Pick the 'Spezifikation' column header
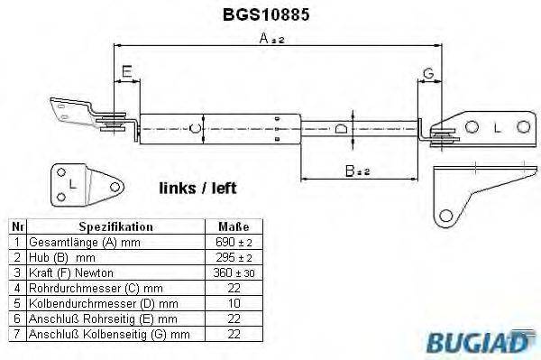115,227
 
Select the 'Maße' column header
233,227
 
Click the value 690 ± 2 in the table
233,243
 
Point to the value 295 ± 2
233,258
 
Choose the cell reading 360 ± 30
233,273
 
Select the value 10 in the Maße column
233,304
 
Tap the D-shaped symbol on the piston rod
340,129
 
